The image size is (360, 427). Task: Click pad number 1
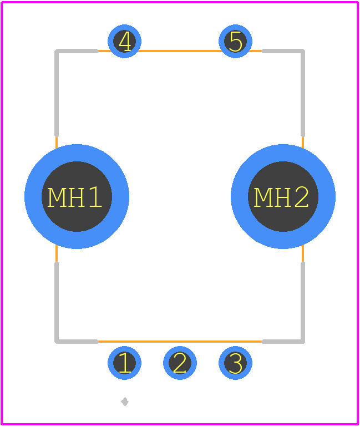[x=124, y=363]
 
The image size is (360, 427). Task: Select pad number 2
[x=180, y=363]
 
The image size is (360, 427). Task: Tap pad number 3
[x=236, y=363]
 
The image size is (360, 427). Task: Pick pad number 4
[x=124, y=41]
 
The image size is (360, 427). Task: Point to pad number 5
[x=236, y=41]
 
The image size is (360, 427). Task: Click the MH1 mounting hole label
[x=75, y=197]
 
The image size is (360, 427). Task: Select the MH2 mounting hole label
[x=281, y=197]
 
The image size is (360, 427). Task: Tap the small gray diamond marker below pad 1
[x=125, y=401]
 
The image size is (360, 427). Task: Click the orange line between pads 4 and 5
[x=180, y=51]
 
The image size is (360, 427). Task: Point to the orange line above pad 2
[x=180, y=341]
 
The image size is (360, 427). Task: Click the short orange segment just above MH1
[x=57, y=143]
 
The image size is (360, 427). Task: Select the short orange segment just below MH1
[x=57, y=253]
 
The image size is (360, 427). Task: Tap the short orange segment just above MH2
[x=303, y=143]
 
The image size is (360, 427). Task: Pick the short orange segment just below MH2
[x=303, y=253]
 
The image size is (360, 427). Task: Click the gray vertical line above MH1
[x=57, y=93]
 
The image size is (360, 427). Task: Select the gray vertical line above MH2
[x=303, y=93]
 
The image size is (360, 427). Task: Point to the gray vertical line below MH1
[x=57, y=302]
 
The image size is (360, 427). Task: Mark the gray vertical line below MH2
[x=303, y=302]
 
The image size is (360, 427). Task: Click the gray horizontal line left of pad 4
[x=77, y=51]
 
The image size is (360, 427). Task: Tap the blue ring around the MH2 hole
[x=283, y=153]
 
